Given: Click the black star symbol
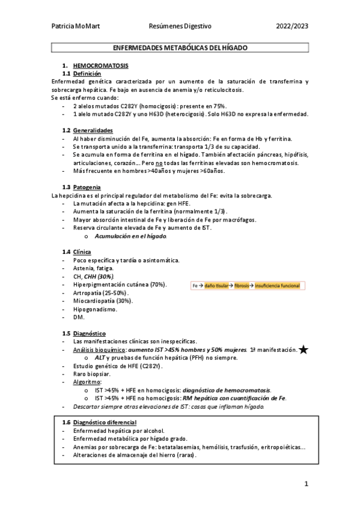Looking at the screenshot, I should point(304,350).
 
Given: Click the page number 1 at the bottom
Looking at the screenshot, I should point(306,484).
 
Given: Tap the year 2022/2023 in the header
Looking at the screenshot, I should point(292,26).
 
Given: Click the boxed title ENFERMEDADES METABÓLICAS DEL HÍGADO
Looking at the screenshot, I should point(180,47).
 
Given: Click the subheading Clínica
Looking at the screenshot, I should point(82,251).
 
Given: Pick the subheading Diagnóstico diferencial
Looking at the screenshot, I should point(104,422).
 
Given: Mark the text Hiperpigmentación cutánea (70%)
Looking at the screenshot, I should point(120,284).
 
